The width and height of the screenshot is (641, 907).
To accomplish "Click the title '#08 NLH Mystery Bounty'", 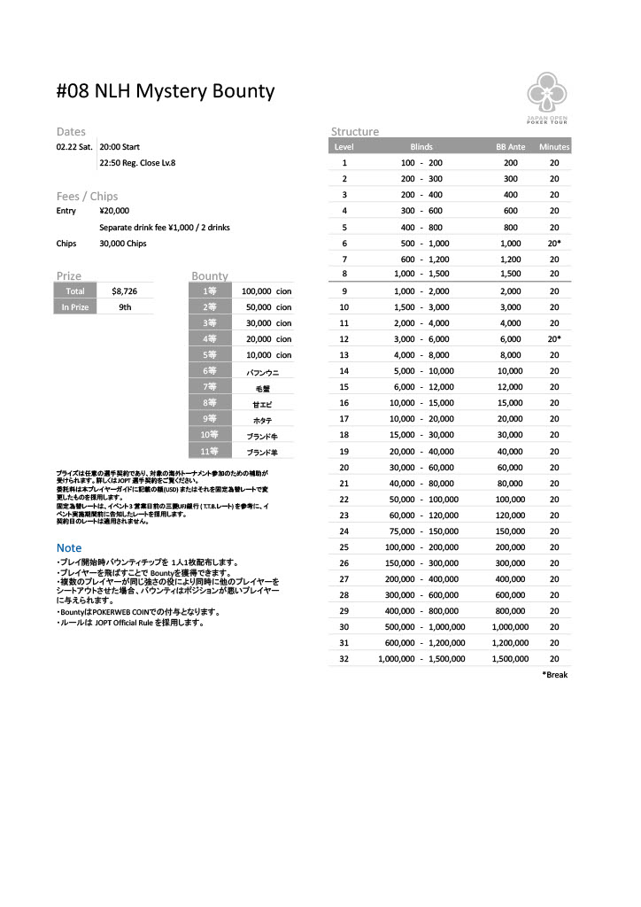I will pos(166,91).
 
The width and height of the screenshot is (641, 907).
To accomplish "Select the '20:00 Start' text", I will pos(120,147).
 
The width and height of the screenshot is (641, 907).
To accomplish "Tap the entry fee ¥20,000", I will pos(114,211).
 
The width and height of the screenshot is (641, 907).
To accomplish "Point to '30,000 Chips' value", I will pos(123,244).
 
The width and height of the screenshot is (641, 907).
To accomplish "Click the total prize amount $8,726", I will pos(124,291).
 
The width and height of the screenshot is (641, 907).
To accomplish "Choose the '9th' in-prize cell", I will pos(125,307).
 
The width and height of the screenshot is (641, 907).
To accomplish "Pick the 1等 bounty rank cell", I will pos(210,291).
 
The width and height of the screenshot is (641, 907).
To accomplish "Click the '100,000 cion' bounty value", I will pos(266,291).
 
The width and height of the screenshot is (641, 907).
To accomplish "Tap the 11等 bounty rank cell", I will pos(209,451).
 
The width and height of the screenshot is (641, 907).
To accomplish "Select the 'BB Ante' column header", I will pos(511,147).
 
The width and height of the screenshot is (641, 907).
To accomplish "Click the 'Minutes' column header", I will pos(554,147).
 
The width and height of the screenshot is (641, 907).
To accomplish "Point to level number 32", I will pos(344,659).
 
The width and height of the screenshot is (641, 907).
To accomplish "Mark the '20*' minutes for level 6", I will pos(554,243).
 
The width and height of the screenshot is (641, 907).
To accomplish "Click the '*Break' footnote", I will pos(554,675).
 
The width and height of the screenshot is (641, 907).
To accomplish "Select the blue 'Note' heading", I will pos(69,548).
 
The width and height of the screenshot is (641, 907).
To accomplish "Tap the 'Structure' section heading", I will pos(355,131).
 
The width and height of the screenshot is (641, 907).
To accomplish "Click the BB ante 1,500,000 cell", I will pos(510,659).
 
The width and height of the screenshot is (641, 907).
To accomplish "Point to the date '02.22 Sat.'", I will pos(74,147).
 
